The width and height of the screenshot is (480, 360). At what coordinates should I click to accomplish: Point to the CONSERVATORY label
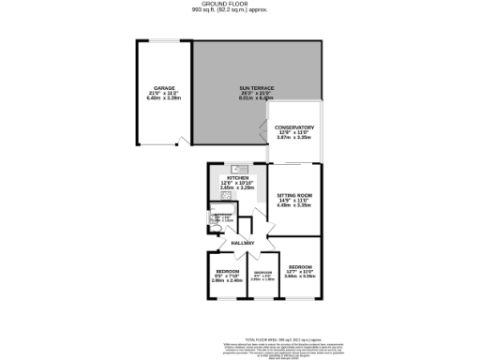293,127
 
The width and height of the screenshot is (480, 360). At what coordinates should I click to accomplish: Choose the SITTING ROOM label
293,194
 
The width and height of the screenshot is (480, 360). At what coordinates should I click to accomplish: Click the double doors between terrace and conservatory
268,133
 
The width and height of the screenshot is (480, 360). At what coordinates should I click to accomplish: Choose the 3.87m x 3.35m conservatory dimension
293,138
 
